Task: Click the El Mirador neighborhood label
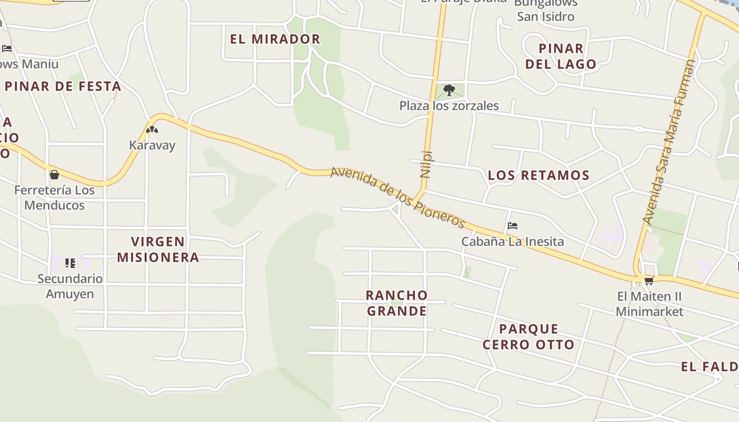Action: click(275, 39)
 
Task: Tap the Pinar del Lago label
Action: click(561, 56)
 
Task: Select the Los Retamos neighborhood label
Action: click(538, 175)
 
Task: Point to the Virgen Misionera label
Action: click(158, 250)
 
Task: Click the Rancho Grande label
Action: click(397, 303)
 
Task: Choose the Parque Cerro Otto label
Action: click(528, 337)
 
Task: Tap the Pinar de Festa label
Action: click(63, 86)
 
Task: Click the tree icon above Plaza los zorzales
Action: click(449, 90)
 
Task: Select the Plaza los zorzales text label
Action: click(449, 105)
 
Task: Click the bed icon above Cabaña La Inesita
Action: click(512, 226)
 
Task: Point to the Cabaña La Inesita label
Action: click(513, 242)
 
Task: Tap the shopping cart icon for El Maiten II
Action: click(649, 280)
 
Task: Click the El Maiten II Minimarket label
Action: click(650, 304)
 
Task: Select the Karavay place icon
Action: click(152, 130)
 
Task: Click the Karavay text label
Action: click(152, 145)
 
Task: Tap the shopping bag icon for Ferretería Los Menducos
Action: click(54, 175)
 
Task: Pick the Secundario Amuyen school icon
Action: click(70, 263)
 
